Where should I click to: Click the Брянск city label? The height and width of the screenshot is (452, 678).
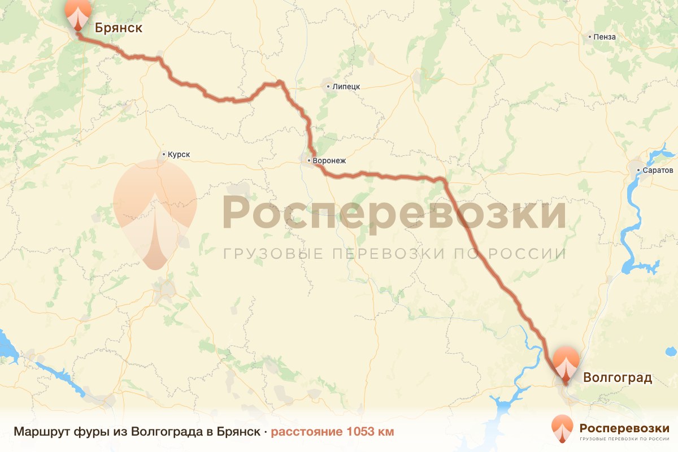click(118, 28)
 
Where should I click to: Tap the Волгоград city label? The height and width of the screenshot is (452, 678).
click(618, 377)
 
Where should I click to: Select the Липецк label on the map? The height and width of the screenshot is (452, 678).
click(346, 86)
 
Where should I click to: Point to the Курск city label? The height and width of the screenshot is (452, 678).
click(179, 154)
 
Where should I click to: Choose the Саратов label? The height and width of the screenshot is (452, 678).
click(658, 170)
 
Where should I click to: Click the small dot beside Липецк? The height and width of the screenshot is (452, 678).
click(328, 86)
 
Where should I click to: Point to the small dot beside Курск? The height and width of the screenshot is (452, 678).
click(164, 154)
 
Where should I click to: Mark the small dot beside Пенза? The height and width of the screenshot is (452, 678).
click(590, 37)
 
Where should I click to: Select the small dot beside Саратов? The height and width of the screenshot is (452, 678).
click(638, 170)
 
